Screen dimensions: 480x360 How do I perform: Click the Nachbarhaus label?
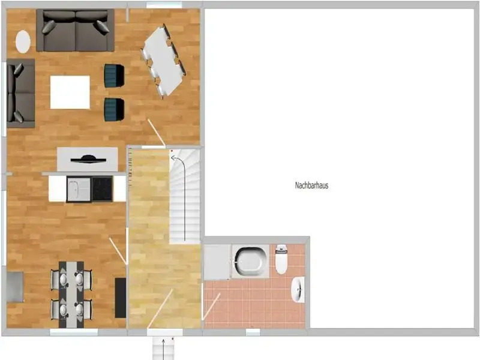[x=311, y=185]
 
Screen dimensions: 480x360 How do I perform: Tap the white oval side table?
[x=23, y=41]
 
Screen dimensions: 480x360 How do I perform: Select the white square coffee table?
[x=70, y=92]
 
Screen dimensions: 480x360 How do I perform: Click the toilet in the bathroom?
[x=281, y=259]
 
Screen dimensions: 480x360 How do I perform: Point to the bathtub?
[x=250, y=261]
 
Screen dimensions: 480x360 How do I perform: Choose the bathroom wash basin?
[x=298, y=289]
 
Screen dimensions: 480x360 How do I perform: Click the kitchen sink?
[x=79, y=190]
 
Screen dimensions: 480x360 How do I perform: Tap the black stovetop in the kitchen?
[x=102, y=190]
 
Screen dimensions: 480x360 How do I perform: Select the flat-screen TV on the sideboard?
[x=88, y=159]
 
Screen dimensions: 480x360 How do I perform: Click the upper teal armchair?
[x=114, y=76]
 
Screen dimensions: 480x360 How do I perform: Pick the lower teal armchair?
[x=114, y=109]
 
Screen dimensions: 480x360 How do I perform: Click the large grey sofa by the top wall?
[x=76, y=30]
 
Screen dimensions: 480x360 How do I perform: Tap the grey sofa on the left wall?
[x=20, y=94]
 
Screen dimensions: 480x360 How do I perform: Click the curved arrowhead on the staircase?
[x=173, y=158]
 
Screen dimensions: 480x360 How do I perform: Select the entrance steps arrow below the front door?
[x=163, y=349]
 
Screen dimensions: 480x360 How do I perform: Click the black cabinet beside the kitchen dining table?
[x=121, y=298]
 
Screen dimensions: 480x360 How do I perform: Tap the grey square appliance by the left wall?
[x=14, y=287]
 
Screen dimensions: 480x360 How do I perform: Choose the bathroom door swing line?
[x=212, y=307]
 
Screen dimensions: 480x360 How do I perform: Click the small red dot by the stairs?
[x=172, y=151]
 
